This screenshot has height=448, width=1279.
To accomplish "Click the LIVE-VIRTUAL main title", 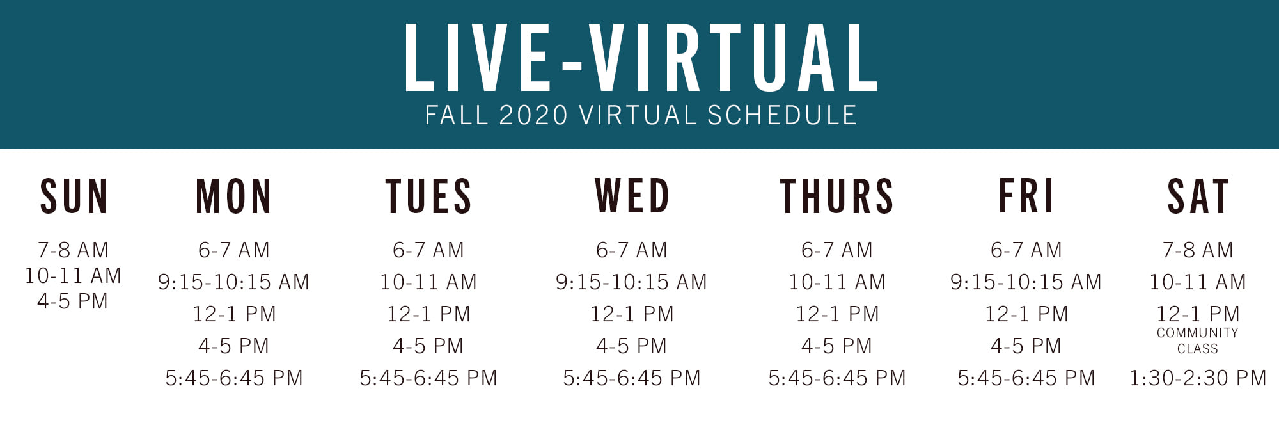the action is point(641,58).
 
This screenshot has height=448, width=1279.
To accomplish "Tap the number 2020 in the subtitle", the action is point(533,115).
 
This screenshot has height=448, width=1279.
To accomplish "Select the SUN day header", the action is point(74,196).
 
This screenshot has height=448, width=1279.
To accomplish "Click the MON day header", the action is point(233,196).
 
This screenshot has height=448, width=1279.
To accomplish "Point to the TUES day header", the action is point(428,196).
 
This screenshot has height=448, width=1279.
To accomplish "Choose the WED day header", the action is point(632,196).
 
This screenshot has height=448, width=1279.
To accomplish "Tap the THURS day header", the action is point(836,196).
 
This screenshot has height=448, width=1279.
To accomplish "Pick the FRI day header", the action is point(1026,196).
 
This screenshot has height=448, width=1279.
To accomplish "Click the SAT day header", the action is point(1198,196).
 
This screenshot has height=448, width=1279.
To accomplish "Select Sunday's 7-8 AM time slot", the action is point(73,250).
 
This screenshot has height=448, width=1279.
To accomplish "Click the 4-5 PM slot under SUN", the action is point(73,301).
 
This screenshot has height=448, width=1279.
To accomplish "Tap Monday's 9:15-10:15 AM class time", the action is point(233,282).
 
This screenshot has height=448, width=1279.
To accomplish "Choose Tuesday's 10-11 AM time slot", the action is point(428,282).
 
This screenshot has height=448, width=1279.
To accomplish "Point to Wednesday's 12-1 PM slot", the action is point(632,314).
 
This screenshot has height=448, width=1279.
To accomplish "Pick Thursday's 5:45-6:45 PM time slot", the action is point(836,378).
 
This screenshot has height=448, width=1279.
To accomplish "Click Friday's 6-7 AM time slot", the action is point(1026,250).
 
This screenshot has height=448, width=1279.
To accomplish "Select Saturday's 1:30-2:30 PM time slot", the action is point(1198,378).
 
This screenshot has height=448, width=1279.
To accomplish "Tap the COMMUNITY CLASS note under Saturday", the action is point(1198,340).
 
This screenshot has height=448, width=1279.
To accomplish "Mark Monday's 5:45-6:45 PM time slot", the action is point(233,378).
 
